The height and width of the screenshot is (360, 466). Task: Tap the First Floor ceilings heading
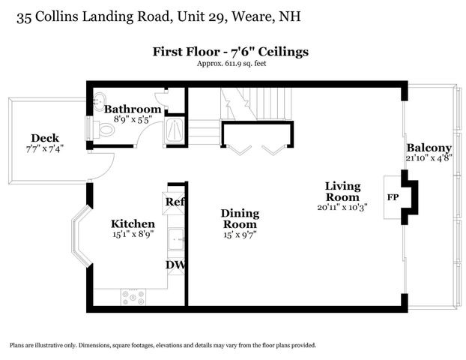tap(231, 52)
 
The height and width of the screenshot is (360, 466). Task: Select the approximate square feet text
tap(231, 64)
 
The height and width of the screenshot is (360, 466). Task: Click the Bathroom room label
tap(133, 109)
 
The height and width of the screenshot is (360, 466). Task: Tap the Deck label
tap(45, 138)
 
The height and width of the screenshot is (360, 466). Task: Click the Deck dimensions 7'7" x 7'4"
tap(45, 148)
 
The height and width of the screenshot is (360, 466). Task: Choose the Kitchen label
tap(133, 223)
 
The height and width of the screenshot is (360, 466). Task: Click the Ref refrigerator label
tap(175, 202)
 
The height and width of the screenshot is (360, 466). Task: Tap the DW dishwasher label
tap(175, 265)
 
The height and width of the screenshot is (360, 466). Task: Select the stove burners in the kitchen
tap(134, 297)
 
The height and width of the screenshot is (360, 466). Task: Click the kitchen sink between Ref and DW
tap(176, 239)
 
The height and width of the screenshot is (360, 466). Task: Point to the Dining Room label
tap(240, 218)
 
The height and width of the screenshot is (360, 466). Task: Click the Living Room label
tap(342, 190)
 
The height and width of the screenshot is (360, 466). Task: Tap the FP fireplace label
tap(393, 198)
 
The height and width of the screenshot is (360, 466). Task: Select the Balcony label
tap(429, 148)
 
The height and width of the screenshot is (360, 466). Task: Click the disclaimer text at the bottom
tap(163, 345)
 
